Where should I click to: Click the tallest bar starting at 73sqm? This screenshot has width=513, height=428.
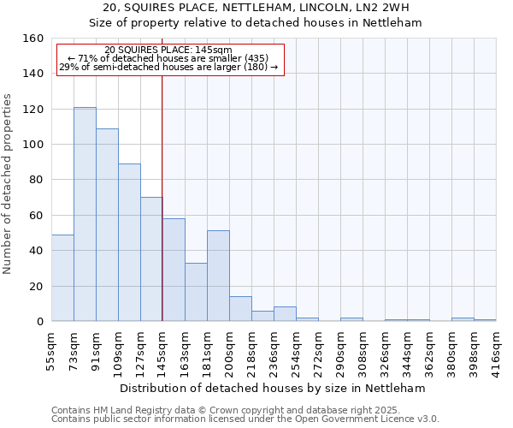[85, 214]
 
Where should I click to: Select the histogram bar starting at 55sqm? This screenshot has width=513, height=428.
[62, 278]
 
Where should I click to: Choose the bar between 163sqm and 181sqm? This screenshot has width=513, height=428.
[196, 292]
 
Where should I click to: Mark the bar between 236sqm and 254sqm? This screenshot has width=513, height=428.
[285, 314]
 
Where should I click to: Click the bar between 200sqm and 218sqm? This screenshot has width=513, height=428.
[240, 309]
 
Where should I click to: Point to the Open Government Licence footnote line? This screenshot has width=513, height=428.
[245, 419]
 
